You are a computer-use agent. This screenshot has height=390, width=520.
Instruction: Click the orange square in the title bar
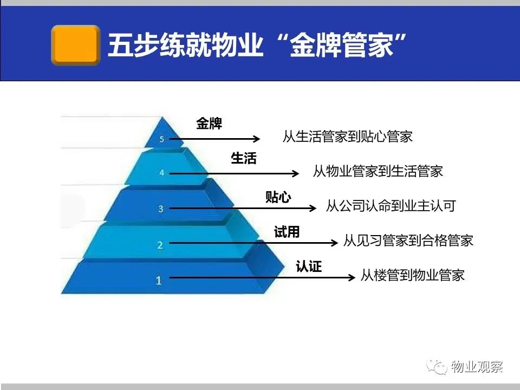click(x=76, y=45)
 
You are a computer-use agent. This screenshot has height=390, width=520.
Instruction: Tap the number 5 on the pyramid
click(x=161, y=139)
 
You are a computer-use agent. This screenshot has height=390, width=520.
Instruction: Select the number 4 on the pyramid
click(x=161, y=173)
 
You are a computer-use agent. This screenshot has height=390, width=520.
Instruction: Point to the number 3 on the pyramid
click(x=161, y=209)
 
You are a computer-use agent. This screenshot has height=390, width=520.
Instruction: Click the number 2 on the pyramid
click(x=160, y=245)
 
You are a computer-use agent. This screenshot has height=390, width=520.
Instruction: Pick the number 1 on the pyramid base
click(x=159, y=281)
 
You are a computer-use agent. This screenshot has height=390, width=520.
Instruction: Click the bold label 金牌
click(x=209, y=123)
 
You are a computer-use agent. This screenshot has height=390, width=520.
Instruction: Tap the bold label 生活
click(x=244, y=158)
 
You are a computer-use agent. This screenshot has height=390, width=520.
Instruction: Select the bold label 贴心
click(x=278, y=197)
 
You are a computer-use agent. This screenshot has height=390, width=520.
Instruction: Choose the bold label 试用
click(x=287, y=231)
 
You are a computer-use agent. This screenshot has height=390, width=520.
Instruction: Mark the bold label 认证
click(x=309, y=266)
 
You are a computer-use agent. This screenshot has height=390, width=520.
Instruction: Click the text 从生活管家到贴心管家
click(x=348, y=136)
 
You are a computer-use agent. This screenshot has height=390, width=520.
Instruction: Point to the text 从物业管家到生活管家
click(x=378, y=171)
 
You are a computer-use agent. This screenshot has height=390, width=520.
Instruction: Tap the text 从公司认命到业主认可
click(x=391, y=206)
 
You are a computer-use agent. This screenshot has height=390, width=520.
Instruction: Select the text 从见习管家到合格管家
click(x=408, y=240)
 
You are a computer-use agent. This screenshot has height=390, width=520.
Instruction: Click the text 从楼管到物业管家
click(x=413, y=275)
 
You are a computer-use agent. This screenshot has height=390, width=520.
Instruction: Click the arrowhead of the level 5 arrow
click(x=257, y=139)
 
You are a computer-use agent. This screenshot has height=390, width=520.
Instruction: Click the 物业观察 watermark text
click(x=477, y=367)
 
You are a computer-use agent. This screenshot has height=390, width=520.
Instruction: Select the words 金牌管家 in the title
click(x=342, y=45)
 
